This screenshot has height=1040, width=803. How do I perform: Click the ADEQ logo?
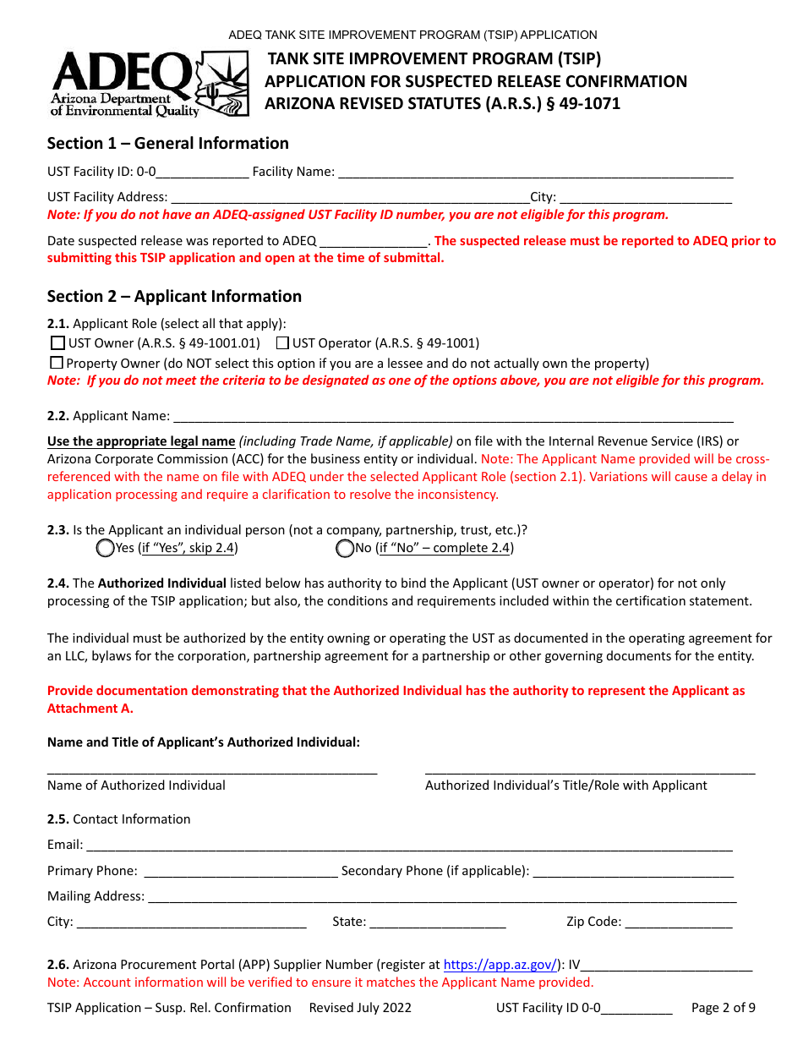(x=150, y=83)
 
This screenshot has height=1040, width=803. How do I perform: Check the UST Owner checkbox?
(x=57, y=343)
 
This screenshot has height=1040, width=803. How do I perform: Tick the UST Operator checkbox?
(x=283, y=343)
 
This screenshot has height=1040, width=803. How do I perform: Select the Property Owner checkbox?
(x=57, y=363)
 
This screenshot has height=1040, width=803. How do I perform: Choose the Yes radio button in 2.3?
(x=106, y=549)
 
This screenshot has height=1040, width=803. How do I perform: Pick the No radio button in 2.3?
(x=345, y=549)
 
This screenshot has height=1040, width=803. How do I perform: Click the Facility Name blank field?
(x=535, y=172)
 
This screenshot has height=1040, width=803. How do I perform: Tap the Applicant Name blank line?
(x=452, y=417)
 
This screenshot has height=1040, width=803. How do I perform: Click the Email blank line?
(x=409, y=846)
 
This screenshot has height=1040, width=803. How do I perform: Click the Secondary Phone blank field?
(x=633, y=872)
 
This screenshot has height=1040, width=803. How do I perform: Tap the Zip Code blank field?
(x=679, y=922)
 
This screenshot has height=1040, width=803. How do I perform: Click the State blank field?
(x=437, y=922)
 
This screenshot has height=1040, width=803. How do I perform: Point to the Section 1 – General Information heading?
(x=168, y=144)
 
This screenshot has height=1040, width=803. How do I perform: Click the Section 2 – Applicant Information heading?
(x=174, y=297)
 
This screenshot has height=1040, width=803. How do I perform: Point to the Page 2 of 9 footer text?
(x=723, y=1008)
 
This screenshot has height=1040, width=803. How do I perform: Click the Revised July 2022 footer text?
(x=360, y=1008)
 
